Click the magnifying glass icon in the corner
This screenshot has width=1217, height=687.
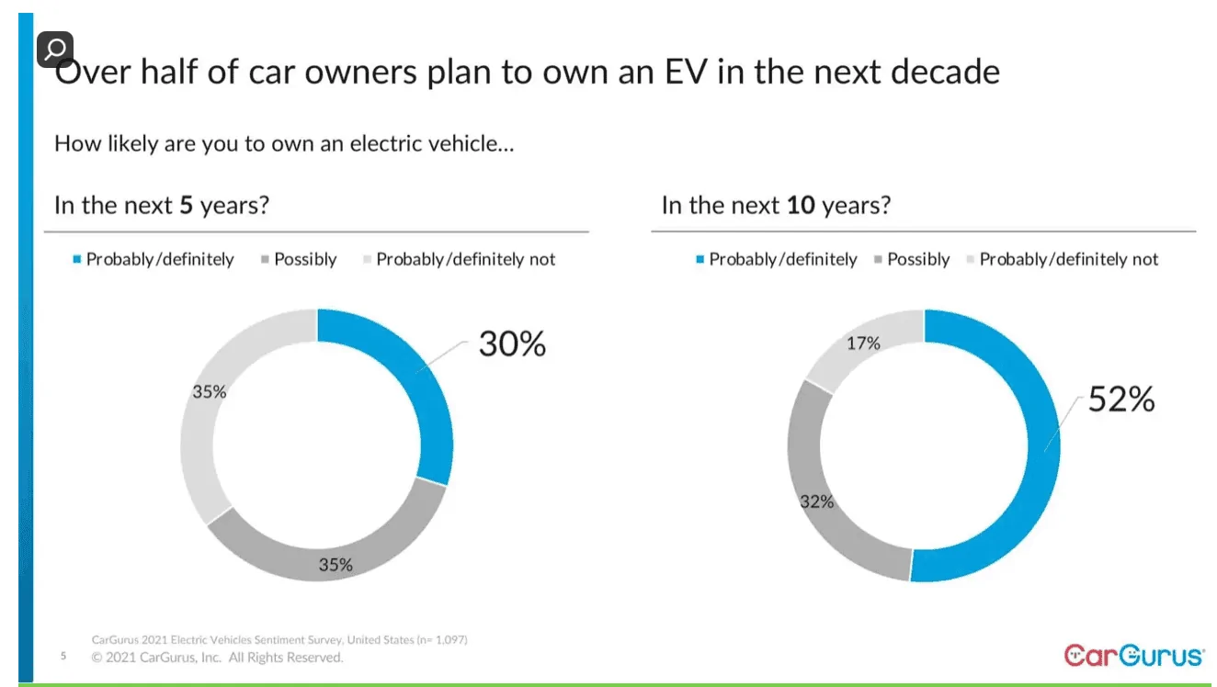point(54,50)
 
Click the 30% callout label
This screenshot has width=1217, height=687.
point(512,344)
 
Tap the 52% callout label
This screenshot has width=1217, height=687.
point(1120,400)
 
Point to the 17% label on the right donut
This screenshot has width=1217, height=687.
point(863,343)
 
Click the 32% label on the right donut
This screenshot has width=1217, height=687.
point(816,501)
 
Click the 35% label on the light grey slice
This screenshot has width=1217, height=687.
point(209,392)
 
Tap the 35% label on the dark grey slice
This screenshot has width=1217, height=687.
point(336,565)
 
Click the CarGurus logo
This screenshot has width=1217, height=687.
point(1133,655)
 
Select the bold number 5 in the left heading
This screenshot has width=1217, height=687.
point(186,205)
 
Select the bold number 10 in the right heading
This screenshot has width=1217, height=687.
point(801,205)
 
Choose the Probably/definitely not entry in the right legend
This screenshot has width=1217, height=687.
point(1068,260)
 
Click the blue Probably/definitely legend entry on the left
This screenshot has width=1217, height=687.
point(159,260)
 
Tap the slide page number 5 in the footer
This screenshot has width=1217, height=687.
point(63,657)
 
